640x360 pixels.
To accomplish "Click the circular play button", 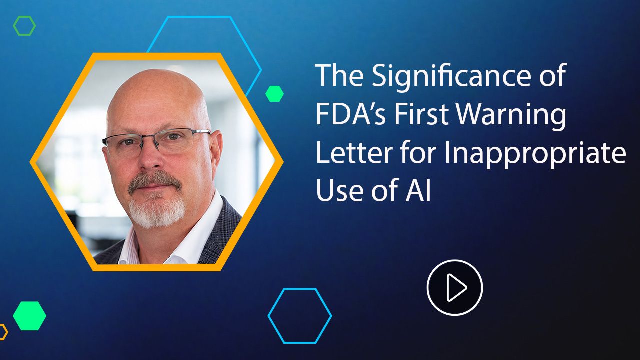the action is coord(455,287).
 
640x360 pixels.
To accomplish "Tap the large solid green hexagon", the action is coord(29,316).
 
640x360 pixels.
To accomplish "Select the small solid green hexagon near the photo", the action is coord(274,93).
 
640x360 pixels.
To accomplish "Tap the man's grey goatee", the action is coord(156,211).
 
